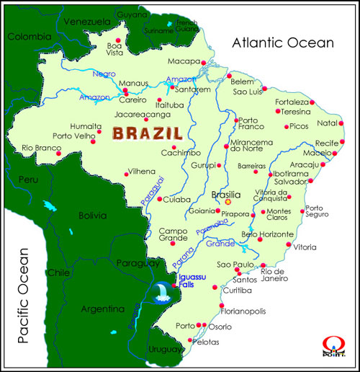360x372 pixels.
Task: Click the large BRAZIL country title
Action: click(146, 133)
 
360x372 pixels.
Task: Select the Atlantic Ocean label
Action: click(282, 43)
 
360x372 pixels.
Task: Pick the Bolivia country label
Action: click(92, 214)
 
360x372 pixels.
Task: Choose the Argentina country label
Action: click(103, 309)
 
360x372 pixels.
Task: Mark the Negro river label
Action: click(104, 73)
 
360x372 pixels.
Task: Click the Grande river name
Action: click(220, 244)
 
